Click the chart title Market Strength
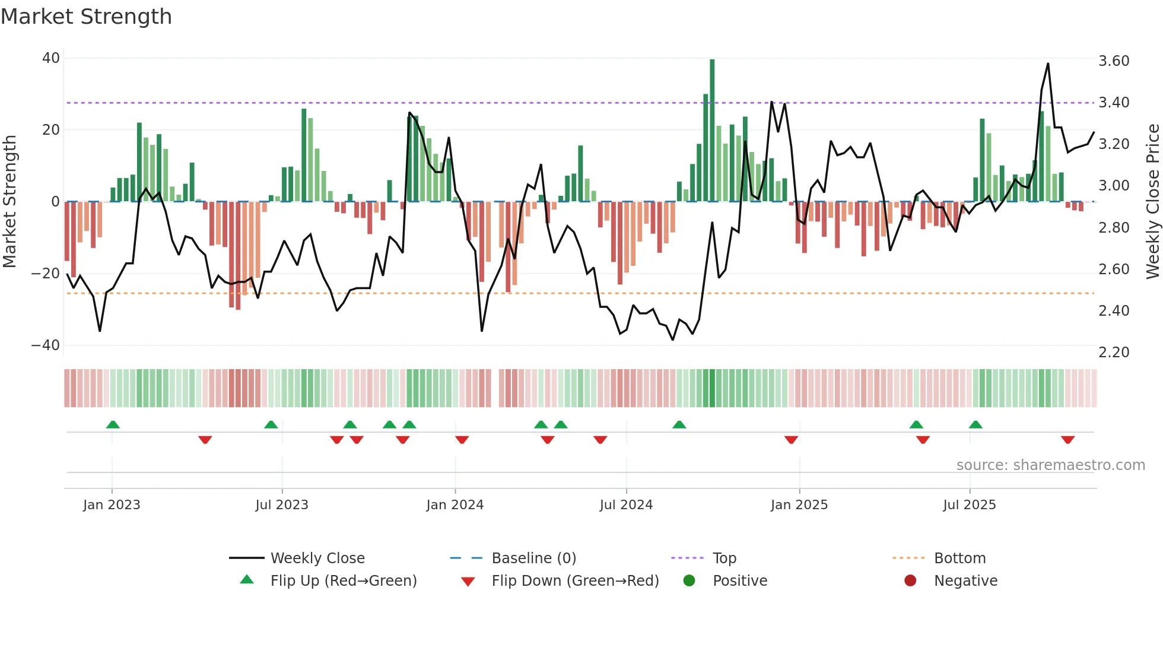click(86, 17)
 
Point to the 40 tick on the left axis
click(50, 58)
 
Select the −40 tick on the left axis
click(46, 345)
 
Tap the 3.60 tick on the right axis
click(1114, 61)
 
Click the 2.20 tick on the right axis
click(1114, 353)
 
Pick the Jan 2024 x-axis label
click(455, 505)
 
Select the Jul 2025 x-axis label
click(969, 505)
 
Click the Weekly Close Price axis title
click(1152, 202)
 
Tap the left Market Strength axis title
click(9, 202)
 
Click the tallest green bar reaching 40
click(712, 131)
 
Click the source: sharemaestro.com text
click(1050, 465)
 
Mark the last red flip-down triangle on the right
click(1067, 440)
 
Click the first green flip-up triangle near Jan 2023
click(113, 424)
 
